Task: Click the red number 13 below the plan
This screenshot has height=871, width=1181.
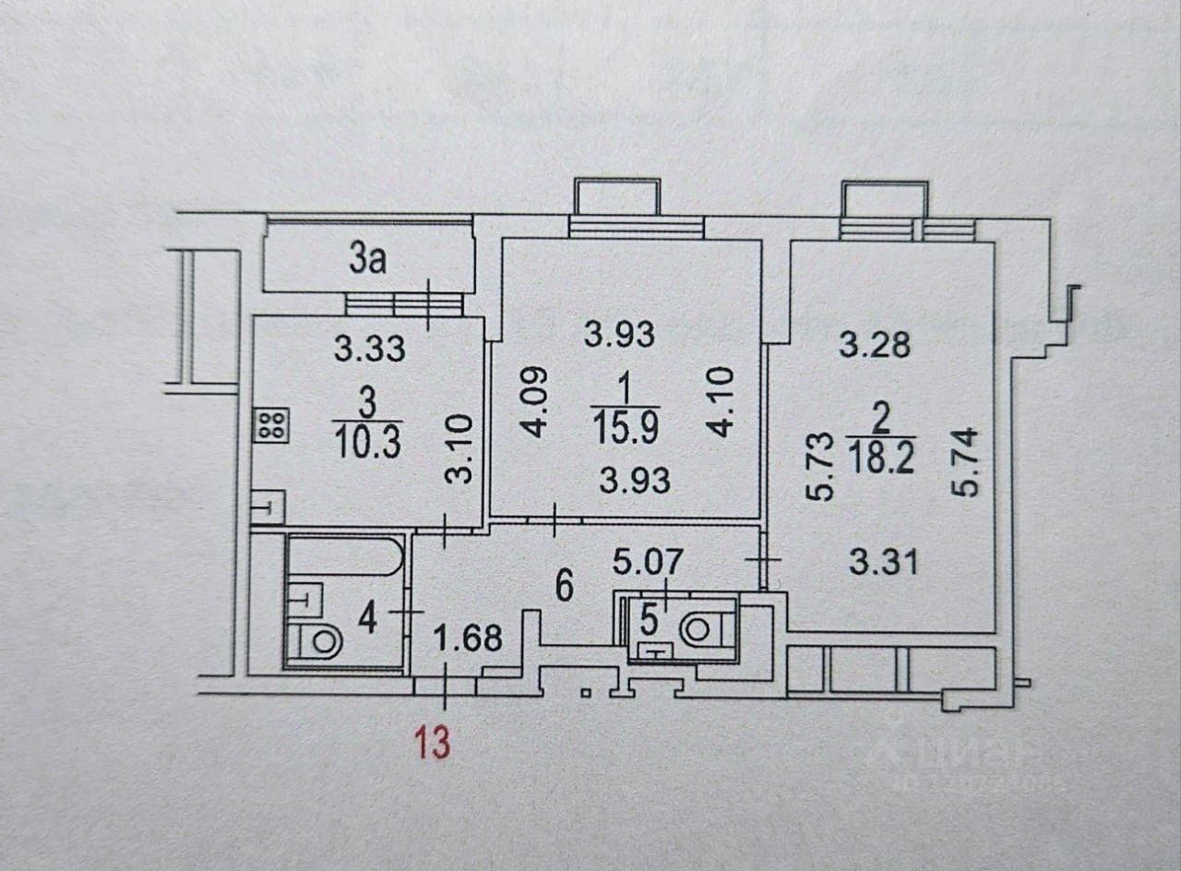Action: (x=432, y=742)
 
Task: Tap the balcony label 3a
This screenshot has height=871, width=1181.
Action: (x=366, y=261)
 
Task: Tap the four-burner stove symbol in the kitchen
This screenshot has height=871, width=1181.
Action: (x=272, y=424)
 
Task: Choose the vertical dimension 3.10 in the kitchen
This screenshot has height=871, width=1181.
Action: (x=461, y=449)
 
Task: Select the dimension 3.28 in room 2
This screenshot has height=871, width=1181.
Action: (x=874, y=344)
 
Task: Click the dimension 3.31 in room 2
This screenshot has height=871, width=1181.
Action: (x=883, y=562)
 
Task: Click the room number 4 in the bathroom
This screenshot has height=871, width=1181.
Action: (x=367, y=617)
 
